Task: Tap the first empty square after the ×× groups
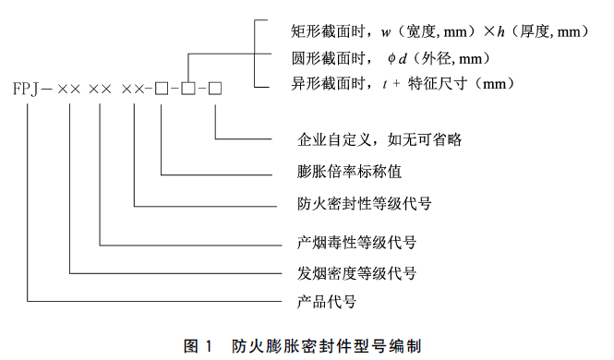pos(161,90)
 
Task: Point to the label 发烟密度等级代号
pos(356,273)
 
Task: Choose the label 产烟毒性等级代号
pos(356,245)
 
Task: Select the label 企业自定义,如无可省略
pos(379,140)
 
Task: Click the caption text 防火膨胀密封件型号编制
pos(327,347)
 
